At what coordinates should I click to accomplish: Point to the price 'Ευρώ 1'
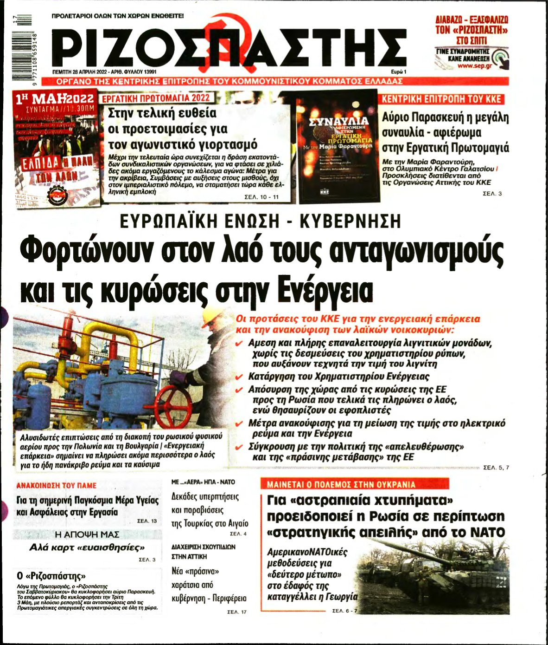(398, 72)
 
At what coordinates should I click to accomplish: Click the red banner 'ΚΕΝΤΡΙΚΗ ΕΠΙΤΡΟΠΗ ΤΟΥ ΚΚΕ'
(441, 99)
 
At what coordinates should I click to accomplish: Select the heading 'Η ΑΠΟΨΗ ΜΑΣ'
(87, 534)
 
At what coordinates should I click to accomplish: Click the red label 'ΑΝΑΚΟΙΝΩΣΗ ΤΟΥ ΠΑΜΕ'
(57, 485)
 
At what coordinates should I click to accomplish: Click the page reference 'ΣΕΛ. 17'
(237, 612)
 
